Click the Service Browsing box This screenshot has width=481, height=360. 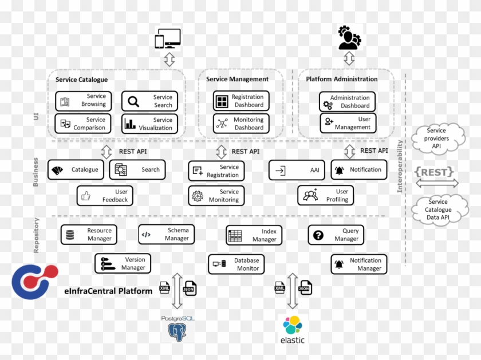[84, 101]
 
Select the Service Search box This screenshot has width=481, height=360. [149, 101]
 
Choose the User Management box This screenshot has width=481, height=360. [347, 123]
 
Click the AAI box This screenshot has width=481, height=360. [297, 170]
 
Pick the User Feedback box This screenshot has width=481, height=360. [105, 196]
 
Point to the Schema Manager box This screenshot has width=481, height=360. [166, 234]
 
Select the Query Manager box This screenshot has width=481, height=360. [336, 235]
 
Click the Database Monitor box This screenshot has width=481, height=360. [236, 264]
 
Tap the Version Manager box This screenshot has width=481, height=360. [123, 264]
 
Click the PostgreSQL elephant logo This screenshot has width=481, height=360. [177, 330]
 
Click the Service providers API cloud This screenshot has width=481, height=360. [437, 139]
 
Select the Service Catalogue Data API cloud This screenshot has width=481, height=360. [438, 209]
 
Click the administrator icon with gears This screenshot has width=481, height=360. [349, 38]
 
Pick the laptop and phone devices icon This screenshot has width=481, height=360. [168, 39]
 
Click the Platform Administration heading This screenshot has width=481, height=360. [342, 80]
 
